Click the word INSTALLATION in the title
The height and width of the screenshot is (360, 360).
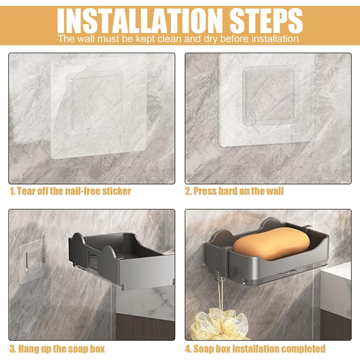140,21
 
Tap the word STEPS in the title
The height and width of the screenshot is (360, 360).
266,21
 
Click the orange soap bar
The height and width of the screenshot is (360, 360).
271,244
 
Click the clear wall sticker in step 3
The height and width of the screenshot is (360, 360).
31,262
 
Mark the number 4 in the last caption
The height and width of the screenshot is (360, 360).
188,349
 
